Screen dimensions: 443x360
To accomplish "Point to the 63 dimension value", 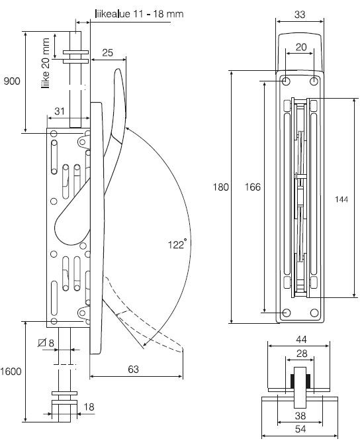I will tap(134, 369).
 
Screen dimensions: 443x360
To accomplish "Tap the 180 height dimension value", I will tap(220, 187).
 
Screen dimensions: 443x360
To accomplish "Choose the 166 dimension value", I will tap(251, 187).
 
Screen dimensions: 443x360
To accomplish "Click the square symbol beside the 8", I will tap(43, 343).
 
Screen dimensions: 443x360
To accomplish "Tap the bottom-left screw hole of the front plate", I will tap(286, 313).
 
